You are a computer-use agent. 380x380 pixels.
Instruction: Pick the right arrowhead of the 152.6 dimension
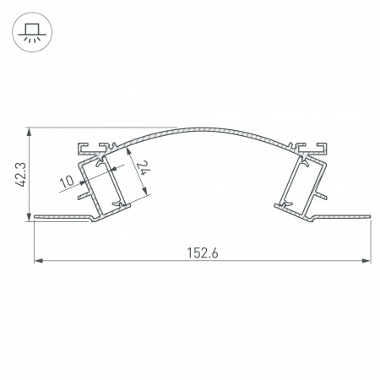368,261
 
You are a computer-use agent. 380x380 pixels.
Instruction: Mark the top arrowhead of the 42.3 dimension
30,131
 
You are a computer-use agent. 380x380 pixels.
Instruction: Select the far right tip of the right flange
371,219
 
